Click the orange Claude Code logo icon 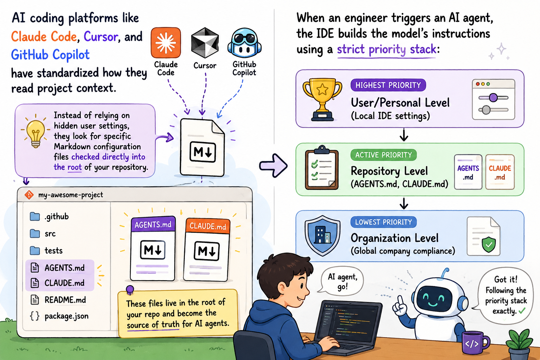pos(166,43)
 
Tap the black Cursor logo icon pos(205,43)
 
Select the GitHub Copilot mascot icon pos(244,43)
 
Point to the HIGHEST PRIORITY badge pos(388,85)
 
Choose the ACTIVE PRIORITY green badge pos(384,155)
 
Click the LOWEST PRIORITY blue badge pos(384,222)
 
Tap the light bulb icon pos(36,133)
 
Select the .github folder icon pos(35,217)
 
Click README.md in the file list pos(65,300)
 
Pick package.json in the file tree pos(66,316)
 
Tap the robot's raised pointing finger pos(400,301)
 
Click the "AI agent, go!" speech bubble pos(342,281)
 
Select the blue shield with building pos(322,236)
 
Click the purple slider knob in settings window pos(493,98)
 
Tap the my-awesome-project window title pos(71,195)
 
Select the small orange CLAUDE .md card pos(500,172)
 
